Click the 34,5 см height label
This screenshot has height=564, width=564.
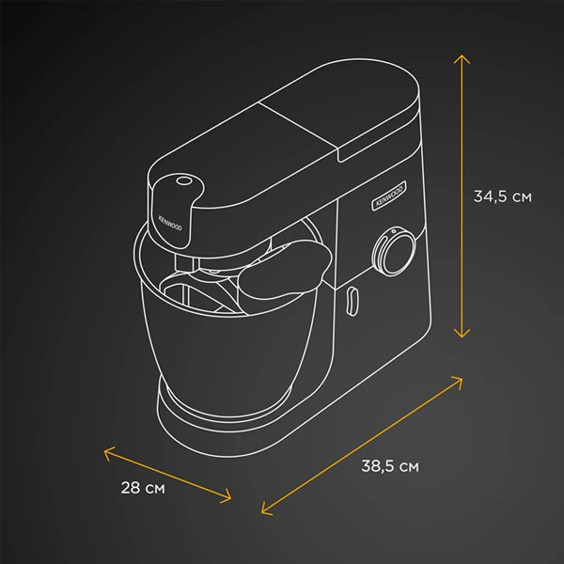click(503, 196)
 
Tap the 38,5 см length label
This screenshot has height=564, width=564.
click(390, 466)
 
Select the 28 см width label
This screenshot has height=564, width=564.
click(143, 488)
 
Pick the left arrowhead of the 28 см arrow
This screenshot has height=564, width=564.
click(107, 452)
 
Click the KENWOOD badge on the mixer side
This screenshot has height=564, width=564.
click(389, 196)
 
